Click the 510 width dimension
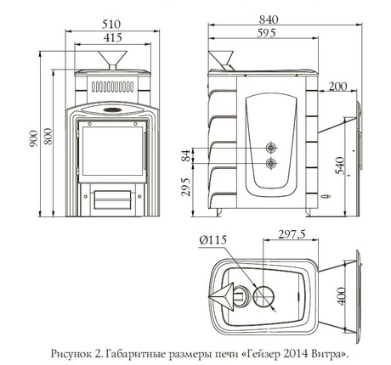click(111, 24)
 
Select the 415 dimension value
click(112, 37)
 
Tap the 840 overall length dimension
click(269, 20)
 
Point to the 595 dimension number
click(266, 33)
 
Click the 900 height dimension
click(33, 138)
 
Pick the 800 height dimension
click(48, 137)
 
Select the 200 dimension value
click(337, 87)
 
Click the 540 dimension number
click(340, 166)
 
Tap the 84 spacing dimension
click(185, 155)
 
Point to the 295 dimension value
click(185, 187)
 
